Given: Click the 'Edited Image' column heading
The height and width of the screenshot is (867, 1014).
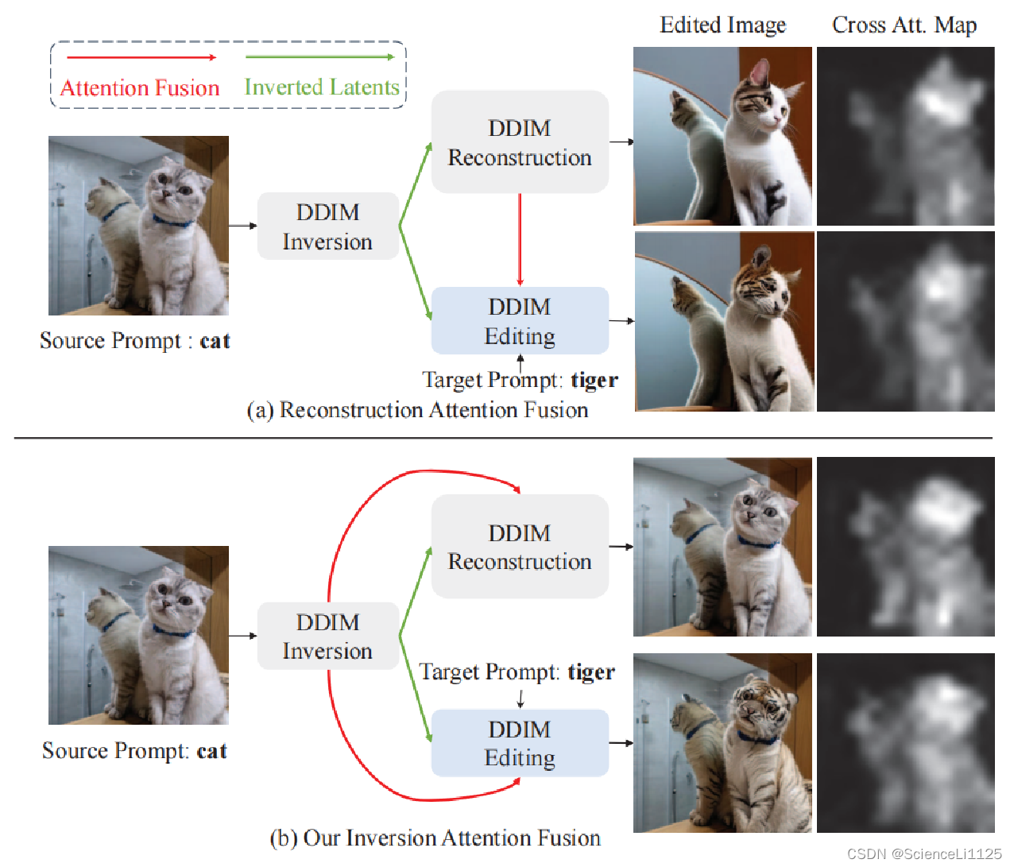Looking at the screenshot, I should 722,25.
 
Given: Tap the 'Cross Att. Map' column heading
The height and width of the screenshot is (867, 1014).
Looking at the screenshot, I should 904,25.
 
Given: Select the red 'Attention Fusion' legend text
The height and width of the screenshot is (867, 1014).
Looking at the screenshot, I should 140,87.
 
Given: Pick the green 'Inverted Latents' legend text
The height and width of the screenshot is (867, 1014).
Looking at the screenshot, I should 322,87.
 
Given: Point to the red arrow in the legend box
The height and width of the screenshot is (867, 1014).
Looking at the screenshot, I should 141,57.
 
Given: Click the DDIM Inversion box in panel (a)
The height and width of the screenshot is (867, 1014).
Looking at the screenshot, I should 327,226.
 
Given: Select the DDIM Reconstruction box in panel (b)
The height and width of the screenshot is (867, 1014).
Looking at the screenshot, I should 520,547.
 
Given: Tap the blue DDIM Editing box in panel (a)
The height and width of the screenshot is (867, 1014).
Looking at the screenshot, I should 520,321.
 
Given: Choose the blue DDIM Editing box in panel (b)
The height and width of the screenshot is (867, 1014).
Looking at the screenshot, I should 520,743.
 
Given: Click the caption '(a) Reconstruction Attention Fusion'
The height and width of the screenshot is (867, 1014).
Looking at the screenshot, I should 417,410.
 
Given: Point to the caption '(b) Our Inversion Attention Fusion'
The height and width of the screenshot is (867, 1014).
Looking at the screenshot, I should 435,838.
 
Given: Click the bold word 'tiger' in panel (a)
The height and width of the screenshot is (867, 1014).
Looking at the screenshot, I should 594,380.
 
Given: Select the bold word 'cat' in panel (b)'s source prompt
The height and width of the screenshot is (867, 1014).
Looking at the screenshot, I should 212,751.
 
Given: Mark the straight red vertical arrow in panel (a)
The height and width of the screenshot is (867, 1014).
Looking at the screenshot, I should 520,238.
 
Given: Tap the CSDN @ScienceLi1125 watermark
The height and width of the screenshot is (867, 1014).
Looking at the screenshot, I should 924,854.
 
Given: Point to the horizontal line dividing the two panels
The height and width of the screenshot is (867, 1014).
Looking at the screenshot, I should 503,438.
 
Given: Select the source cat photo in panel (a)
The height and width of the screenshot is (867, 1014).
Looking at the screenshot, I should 138,226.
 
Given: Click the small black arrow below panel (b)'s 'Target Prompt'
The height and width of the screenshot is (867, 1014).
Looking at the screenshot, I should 521,699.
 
